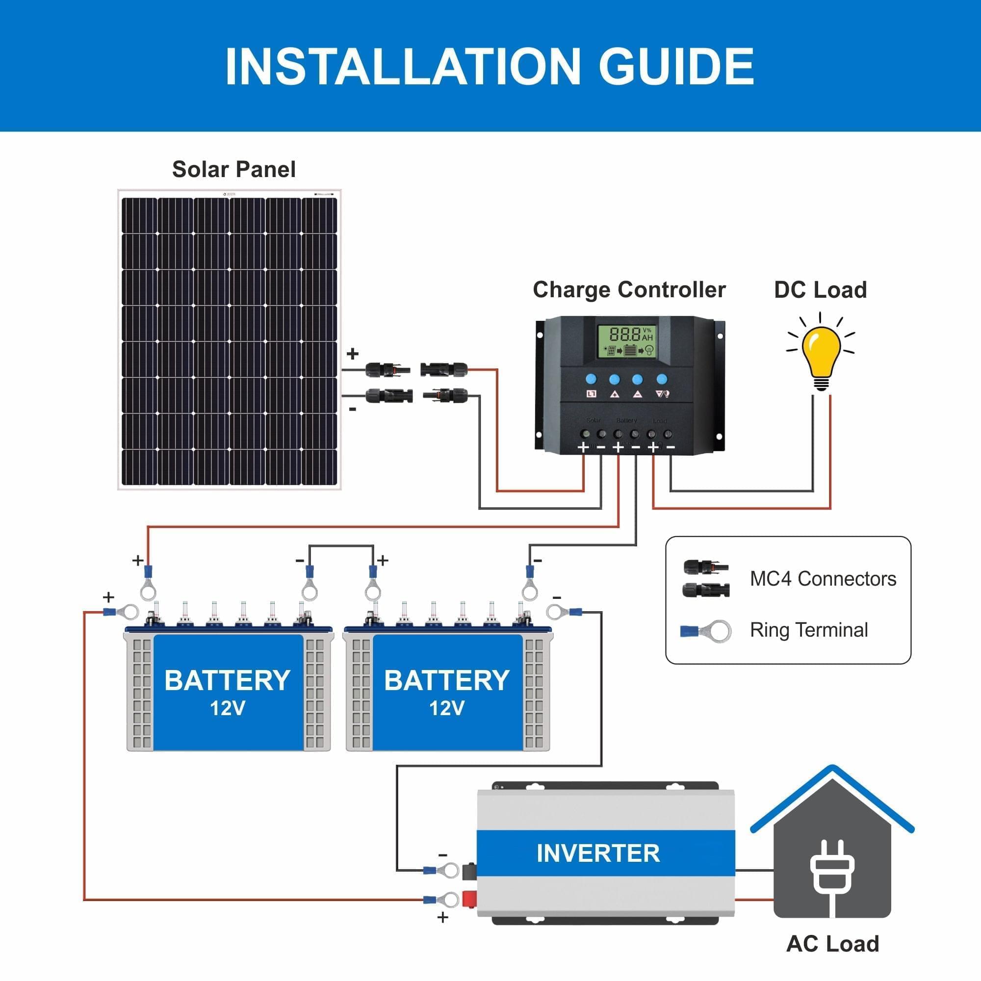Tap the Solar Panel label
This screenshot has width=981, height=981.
coord(233,169)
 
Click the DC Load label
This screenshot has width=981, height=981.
coord(820,290)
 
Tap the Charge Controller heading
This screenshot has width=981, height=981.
coord(629,290)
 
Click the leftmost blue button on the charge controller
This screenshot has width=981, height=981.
coord(591,379)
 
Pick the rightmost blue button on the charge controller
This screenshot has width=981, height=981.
coord(661,379)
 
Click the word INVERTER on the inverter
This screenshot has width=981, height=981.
coord(597,853)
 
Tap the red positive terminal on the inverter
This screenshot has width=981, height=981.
coord(468,899)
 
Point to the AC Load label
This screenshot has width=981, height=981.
coord(832,943)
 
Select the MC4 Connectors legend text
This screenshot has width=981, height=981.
coord(823,579)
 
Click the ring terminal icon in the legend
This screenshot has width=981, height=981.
coord(706,631)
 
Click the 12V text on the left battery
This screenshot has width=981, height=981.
coord(227,708)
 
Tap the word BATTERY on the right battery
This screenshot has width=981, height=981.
coord(446,680)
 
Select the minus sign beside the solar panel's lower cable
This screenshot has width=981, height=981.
coord(352,409)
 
